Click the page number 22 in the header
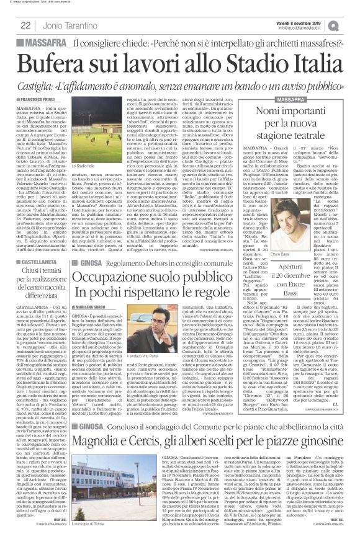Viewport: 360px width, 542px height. tap(26, 25)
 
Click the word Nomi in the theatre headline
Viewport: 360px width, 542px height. tap(274, 112)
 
